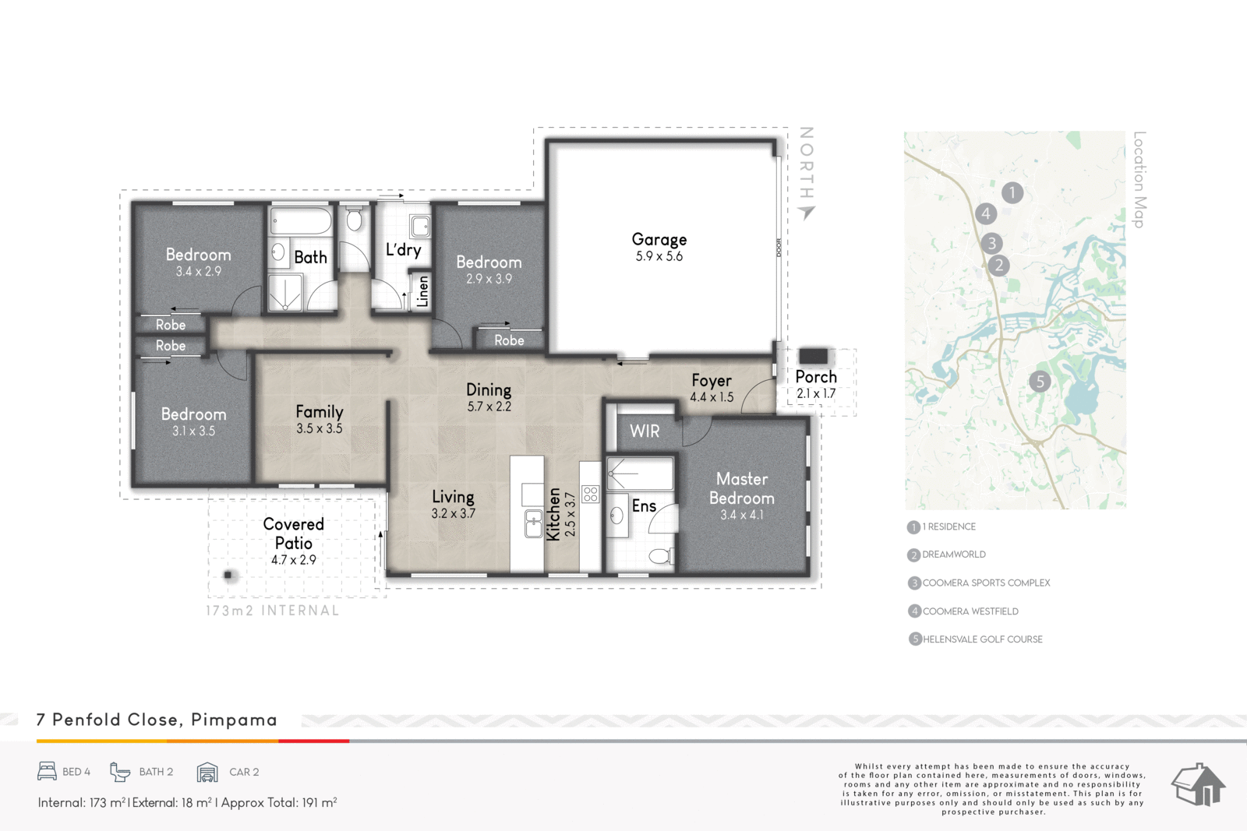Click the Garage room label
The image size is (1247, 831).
pos(659,240)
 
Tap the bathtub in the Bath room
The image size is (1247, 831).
pos(301,221)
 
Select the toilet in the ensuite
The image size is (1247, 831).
pos(662,555)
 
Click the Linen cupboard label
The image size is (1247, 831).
pos(423,291)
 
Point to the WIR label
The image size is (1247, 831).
pos(645,431)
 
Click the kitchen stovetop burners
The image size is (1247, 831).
pos(590,494)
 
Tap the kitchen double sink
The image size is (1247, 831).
pos(533,523)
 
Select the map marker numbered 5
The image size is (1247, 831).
pos(1040,382)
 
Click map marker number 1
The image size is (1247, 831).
pos(1012,192)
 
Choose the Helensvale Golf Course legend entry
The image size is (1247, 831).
pos(975,639)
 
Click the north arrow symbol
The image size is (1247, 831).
pos(807,212)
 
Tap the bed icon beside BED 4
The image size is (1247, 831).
pos(48,772)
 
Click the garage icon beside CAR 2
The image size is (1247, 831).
pos(207,772)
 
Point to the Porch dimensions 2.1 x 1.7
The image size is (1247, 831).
pos(816,394)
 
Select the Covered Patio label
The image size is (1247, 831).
pos(293,533)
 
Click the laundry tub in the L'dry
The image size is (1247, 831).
pos(420,227)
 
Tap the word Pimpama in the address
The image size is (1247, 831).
pos(234,720)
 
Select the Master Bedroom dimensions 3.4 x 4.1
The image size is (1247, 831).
pos(741,515)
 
